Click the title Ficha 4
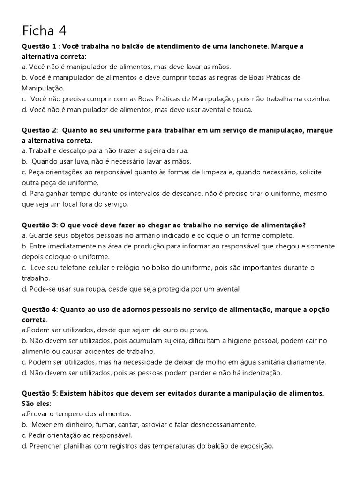44,31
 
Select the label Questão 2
40,130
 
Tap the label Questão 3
40,225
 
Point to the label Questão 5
40,393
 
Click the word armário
157,235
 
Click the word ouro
171,330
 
